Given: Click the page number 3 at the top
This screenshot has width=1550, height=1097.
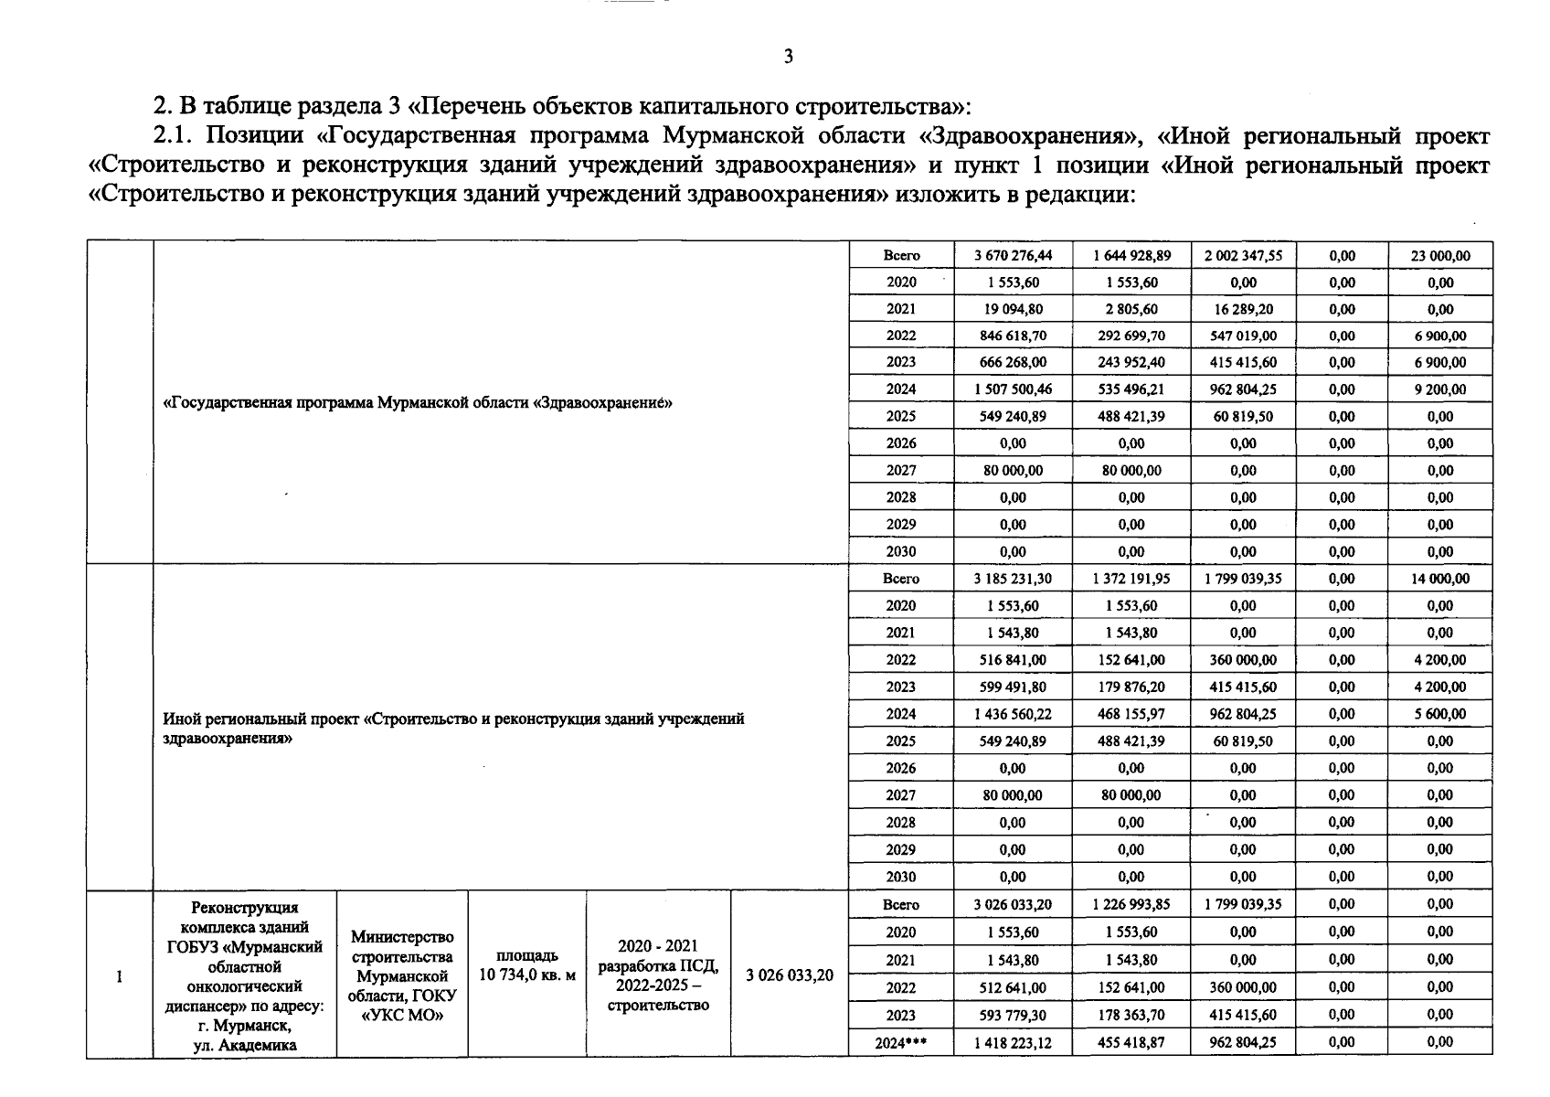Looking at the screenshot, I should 789,57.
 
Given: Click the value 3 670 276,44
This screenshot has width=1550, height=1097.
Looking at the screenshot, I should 1013,256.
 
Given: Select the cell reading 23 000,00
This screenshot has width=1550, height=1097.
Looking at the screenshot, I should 1440,256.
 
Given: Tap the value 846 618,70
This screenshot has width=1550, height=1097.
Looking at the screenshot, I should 1013,336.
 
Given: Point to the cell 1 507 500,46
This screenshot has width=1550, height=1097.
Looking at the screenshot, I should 1013,389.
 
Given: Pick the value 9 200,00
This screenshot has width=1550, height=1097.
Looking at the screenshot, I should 1440,389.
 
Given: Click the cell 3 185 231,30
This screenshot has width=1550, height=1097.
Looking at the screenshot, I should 1013,579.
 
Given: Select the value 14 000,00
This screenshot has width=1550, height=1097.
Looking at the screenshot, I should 1440,579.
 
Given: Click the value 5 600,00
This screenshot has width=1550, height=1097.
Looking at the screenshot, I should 1440,714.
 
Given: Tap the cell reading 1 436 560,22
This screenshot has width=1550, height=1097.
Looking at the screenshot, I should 1013,714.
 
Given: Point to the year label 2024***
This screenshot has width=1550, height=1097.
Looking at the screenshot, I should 900,1042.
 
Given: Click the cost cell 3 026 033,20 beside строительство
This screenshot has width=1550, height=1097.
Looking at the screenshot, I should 790,975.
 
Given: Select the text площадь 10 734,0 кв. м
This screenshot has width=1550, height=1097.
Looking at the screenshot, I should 527,965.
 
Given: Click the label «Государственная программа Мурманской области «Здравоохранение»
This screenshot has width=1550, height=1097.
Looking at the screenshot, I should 417,403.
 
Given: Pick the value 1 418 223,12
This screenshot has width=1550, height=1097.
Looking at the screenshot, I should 1013,1042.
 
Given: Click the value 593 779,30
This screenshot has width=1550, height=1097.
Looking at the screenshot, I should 1013,1015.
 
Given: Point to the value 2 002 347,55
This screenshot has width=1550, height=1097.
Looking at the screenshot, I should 1243,256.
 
